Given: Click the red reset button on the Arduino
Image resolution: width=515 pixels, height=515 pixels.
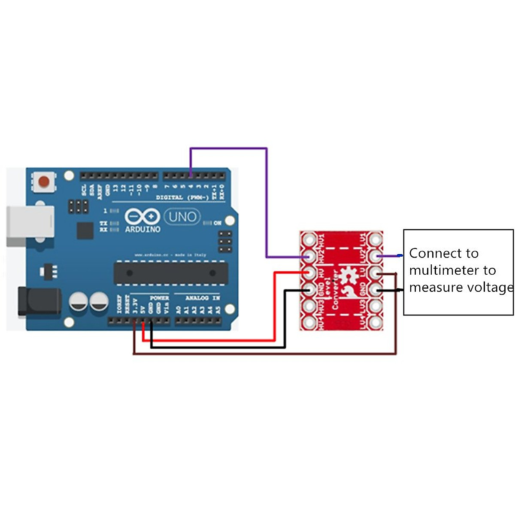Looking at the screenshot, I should click(x=44, y=182).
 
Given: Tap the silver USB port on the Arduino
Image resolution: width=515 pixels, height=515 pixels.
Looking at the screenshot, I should click(x=30, y=226).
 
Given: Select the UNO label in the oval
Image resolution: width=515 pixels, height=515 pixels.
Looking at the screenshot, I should click(x=182, y=217).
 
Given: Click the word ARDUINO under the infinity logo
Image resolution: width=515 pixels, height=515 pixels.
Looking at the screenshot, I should click(x=142, y=230).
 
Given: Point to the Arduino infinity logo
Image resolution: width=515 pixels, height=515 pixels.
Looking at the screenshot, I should click(x=142, y=217).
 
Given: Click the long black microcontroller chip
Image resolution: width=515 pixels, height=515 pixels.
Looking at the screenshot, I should click(x=170, y=273).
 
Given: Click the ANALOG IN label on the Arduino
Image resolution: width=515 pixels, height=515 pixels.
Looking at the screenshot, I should click(x=203, y=298).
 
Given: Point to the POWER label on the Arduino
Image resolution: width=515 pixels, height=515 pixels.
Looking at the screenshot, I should click(x=159, y=298).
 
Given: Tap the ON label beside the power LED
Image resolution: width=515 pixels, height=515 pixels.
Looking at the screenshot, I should click(x=218, y=223).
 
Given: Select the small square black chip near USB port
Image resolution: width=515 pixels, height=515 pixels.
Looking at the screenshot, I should click(x=85, y=231).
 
